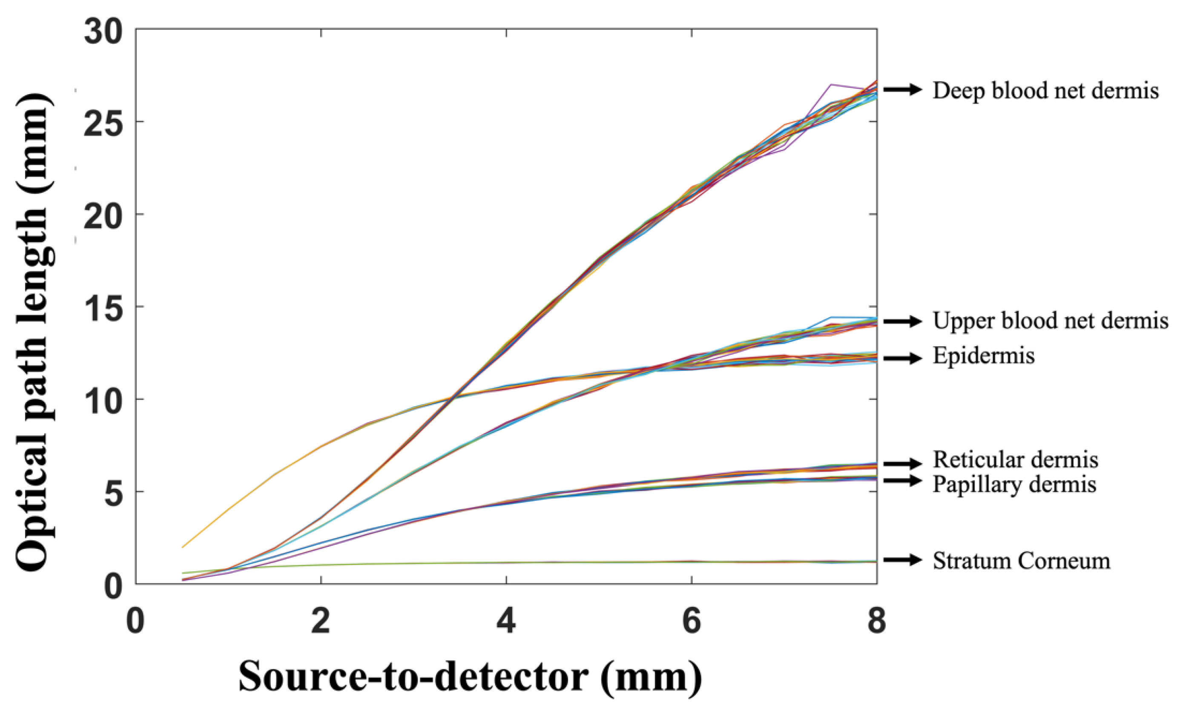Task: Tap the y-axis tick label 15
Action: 103,307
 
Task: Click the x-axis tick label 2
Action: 321,622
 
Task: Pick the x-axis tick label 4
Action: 506,622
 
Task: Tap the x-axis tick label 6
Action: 691,622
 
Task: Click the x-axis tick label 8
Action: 876,622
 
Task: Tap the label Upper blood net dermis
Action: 1051,321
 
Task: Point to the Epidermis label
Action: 984,356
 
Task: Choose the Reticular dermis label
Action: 1016,459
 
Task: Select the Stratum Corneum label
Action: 1021,561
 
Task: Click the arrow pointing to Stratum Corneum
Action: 902,560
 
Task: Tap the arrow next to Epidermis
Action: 902,358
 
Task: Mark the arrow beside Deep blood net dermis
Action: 902,89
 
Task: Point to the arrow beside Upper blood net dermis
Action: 902,321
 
